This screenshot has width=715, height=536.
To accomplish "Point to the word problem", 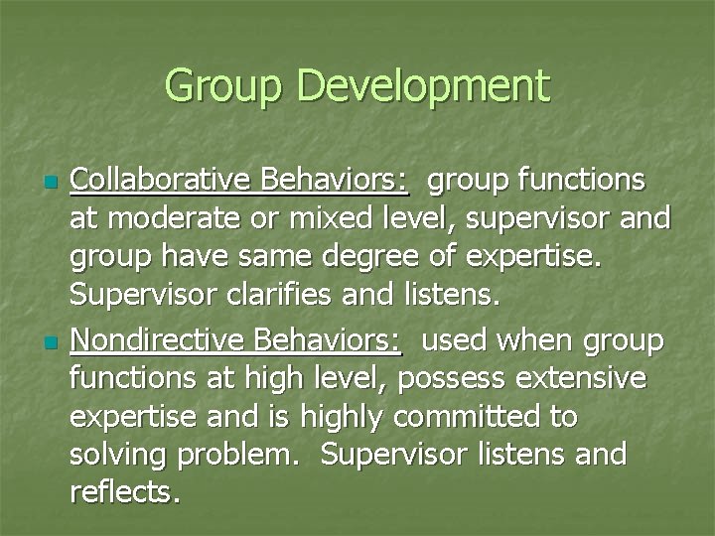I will [x=234, y=455].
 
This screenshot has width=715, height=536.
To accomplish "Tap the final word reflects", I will [x=125, y=492].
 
